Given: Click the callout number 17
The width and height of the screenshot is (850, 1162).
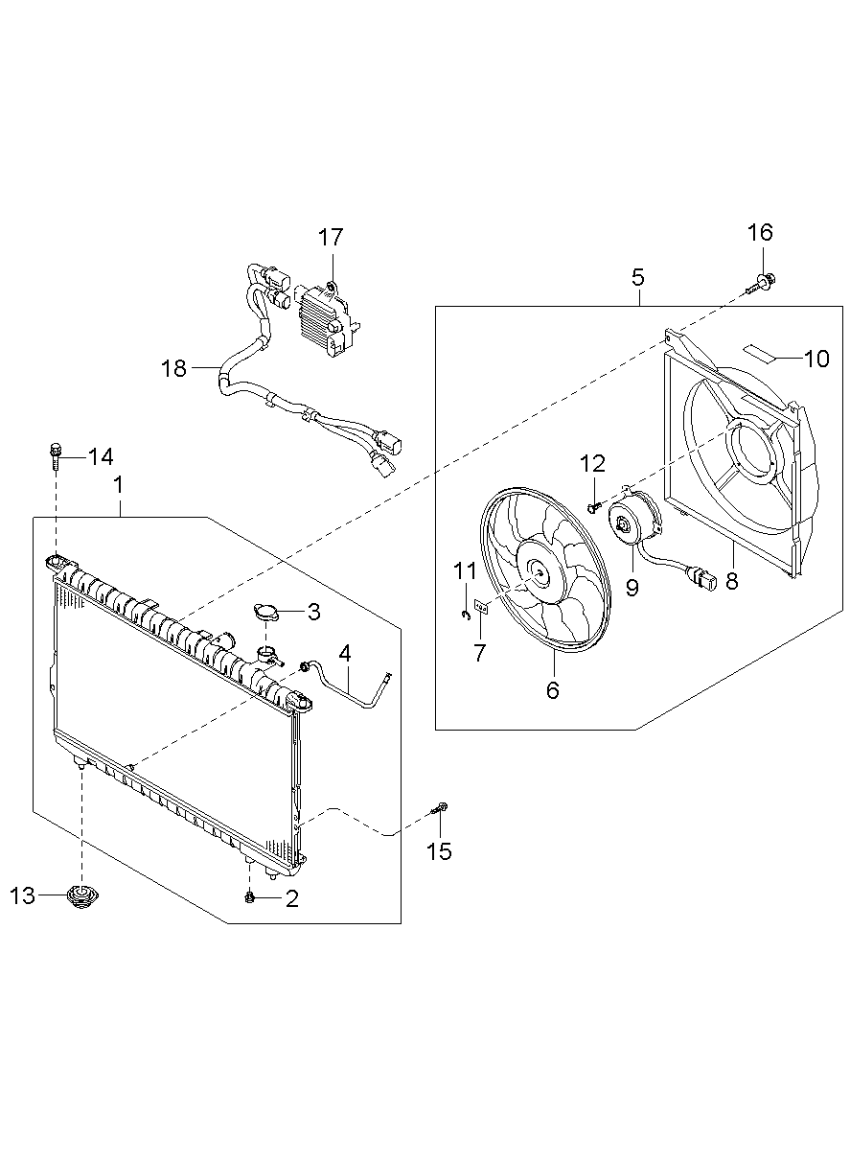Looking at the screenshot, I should coord(331,237).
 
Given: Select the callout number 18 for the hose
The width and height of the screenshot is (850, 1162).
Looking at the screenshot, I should coord(174,368).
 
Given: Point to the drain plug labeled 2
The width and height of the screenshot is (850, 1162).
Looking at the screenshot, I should coord(249,896).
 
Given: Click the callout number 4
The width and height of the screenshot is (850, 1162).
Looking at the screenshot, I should coord(344,653).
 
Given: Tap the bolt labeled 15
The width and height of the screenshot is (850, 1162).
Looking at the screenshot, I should coord(440,810).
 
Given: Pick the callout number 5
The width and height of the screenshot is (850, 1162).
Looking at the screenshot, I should coord(638,278).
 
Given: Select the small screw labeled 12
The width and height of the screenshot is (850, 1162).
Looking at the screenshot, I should coord(592,503).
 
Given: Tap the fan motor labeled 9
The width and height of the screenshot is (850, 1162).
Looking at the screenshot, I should coord(630,526).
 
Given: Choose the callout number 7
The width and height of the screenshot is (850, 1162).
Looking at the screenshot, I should coord(479,654).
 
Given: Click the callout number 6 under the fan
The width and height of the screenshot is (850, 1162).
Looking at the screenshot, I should coord(553,689).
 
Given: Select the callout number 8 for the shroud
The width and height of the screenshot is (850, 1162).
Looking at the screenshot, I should coord(732,581).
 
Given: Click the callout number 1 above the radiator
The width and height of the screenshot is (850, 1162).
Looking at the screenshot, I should coord(119,485).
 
